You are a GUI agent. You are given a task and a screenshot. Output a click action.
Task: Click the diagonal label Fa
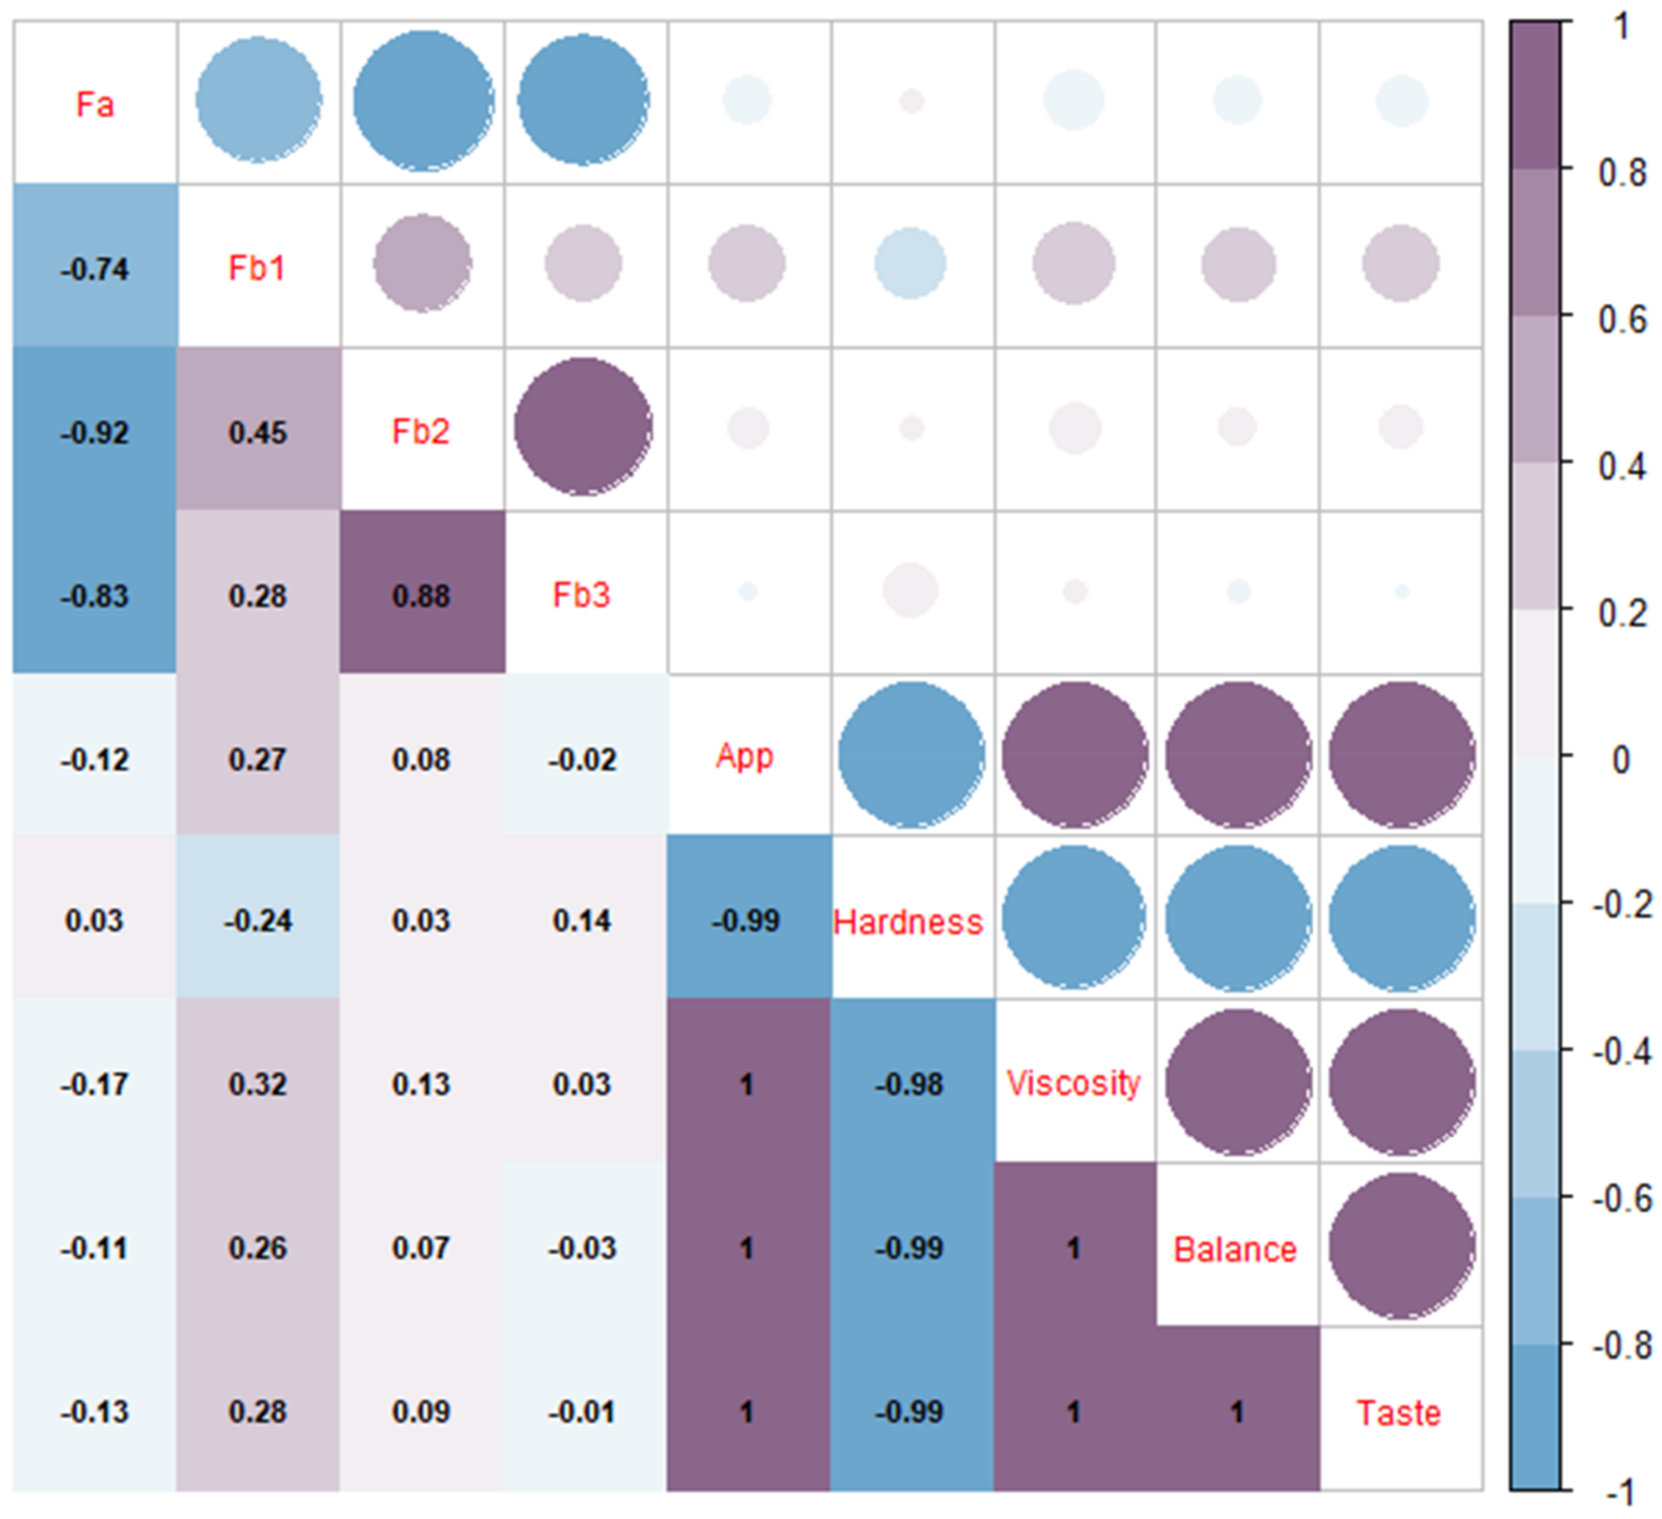(95, 105)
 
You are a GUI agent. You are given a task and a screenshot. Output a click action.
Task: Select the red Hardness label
(908, 922)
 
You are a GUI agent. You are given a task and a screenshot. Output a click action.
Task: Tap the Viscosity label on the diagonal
(1074, 1084)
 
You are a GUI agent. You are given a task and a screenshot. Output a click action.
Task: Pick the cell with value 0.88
(421, 595)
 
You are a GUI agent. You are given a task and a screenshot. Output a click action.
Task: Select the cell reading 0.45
(258, 432)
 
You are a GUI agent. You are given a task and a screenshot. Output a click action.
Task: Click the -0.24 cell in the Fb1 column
(258, 920)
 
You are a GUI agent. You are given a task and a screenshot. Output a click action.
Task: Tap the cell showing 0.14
(583, 920)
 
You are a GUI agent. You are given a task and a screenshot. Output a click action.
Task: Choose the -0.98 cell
(909, 1084)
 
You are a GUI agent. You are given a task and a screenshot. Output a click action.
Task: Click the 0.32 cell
(258, 1084)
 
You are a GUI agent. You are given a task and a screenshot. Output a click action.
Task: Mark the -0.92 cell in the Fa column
(95, 432)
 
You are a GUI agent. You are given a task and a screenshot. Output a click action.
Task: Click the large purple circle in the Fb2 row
(583, 427)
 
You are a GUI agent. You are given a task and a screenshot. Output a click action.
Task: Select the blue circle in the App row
(911, 755)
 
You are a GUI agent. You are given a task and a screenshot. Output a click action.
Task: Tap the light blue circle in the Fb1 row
(910, 264)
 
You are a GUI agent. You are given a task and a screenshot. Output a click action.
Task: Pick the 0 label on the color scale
(1620, 760)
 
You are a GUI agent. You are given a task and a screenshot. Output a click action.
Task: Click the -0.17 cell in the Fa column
(95, 1084)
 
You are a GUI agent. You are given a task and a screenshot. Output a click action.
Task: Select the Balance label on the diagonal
(1235, 1249)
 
